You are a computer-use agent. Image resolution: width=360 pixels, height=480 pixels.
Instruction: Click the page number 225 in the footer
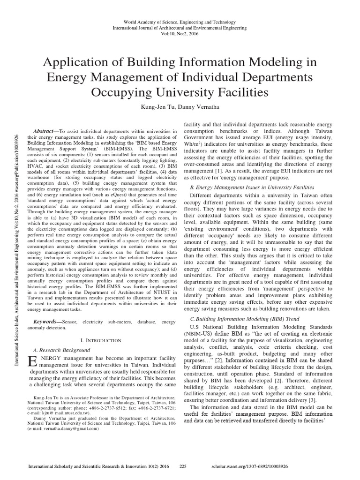pyautogui.click(x=183, y=467)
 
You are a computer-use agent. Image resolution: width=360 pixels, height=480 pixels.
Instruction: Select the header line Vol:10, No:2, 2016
pyautogui.click(x=180, y=34)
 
